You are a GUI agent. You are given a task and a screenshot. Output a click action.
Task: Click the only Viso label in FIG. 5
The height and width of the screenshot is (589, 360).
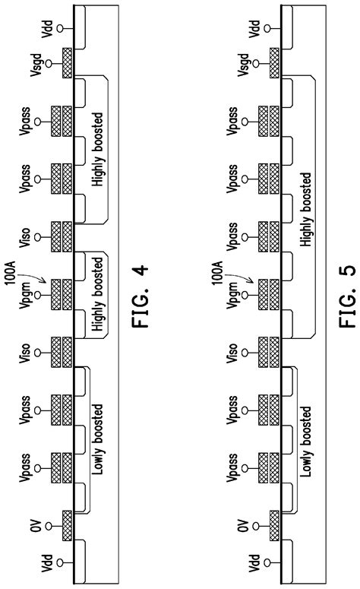[238, 350]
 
